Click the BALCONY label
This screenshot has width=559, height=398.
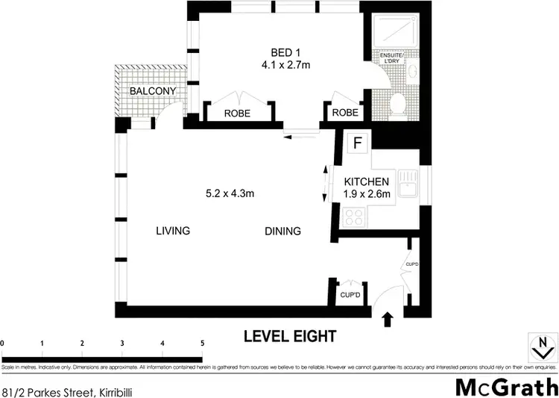pos(153,91)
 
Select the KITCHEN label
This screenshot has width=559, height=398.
pos(366,181)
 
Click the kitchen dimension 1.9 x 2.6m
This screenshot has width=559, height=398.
pos(366,195)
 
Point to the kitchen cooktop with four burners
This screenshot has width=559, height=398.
pos(354,217)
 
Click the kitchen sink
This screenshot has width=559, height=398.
pos(406,184)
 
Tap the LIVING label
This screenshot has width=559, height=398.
pos(173,231)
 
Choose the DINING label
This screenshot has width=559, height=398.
pos(282,231)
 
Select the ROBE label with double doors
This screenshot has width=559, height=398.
pos(238,112)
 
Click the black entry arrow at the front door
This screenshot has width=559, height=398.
pos(387,320)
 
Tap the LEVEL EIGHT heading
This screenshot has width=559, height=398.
pos(290,337)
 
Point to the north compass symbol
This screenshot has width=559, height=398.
pos(542,346)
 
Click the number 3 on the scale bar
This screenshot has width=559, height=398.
pos(122,343)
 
